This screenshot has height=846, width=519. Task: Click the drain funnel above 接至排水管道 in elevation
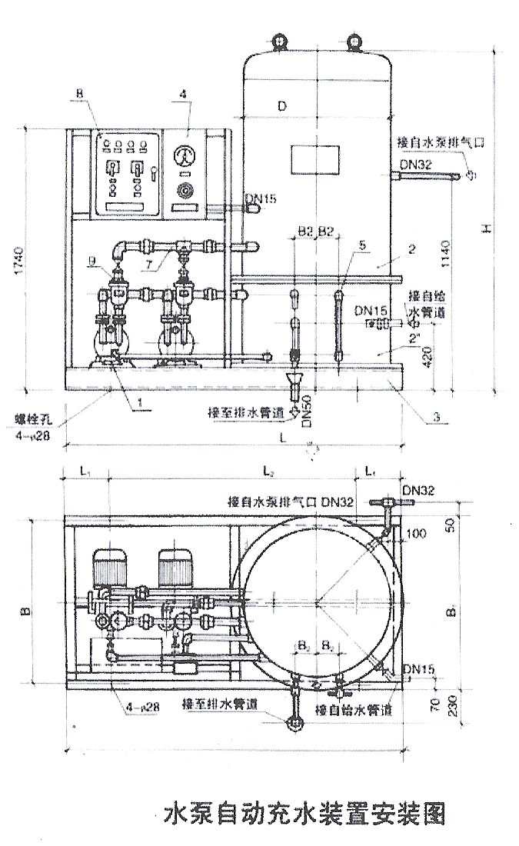click(x=295, y=380)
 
